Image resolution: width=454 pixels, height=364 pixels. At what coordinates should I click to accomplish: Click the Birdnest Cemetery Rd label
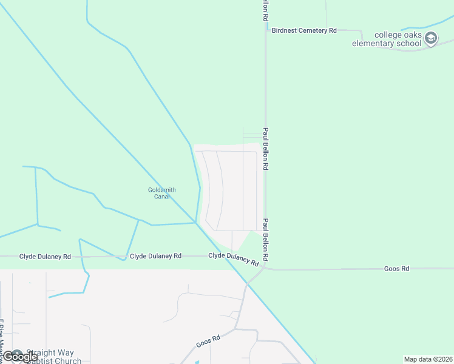(x=304, y=30)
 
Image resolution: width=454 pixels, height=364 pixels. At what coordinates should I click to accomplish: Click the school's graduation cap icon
(x=431, y=38)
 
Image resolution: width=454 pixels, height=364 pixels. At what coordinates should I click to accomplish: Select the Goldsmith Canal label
(x=162, y=193)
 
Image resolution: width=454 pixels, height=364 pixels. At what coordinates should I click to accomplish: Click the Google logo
(x=21, y=357)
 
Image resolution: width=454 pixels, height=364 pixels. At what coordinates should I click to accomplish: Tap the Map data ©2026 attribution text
(x=428, y=359)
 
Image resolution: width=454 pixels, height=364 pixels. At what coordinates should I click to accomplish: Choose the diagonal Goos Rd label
(x=208, y=340)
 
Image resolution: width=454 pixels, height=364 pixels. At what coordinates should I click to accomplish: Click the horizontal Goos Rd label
(x=397, y=268)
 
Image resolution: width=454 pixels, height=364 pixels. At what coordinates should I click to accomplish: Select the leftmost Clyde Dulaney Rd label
(x=45, y=257)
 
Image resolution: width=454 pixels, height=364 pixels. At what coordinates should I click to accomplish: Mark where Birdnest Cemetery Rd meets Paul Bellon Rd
(x=265, y=30)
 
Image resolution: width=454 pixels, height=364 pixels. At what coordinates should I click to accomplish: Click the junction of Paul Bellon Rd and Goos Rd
(x=265, y=268)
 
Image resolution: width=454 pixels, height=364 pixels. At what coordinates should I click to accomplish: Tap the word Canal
(x=162, y=197)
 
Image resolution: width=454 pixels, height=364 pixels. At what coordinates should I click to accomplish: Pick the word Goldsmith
(x=162, y=190)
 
